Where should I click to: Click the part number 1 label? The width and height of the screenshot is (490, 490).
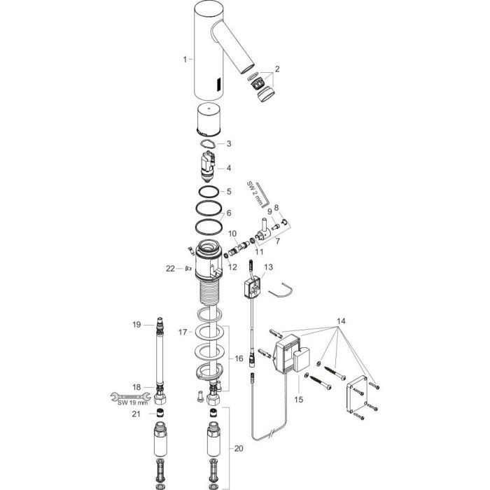185,59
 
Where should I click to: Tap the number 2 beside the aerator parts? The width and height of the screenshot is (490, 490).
277,69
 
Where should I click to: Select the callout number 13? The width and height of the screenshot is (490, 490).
268,267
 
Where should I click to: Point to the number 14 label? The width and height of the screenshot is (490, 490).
341,321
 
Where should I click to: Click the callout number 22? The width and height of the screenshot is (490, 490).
170,268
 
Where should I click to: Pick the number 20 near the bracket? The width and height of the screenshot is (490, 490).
239,449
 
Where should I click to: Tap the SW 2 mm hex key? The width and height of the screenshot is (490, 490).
262,194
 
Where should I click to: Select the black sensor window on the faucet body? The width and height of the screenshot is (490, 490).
218,84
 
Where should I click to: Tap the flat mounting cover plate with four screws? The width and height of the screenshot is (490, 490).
356,393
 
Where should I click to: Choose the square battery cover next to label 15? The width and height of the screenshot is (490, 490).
302,359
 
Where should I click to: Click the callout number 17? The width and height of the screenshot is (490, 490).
183,332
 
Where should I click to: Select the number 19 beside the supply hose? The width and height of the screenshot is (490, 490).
136,325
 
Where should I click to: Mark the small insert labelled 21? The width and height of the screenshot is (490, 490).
160,413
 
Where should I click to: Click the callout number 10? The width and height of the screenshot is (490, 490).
232,233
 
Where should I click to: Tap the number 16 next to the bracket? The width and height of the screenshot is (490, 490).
239,358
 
